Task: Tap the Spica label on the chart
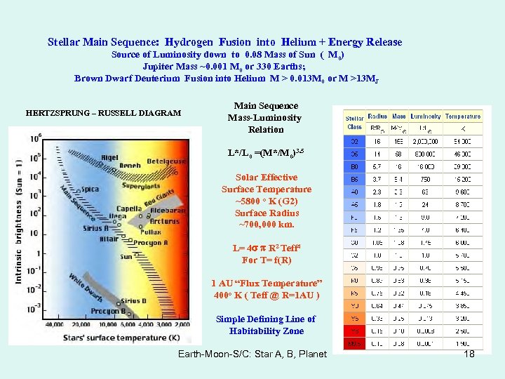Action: tap(90, 189)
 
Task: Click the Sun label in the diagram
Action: tap(126, 256)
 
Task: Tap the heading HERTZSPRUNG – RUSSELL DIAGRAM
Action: tap(103, 112)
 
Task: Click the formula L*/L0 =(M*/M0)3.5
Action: tap(267, 153)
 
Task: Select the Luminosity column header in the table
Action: tap(425, 116)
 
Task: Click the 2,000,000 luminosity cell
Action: tap(426, 142)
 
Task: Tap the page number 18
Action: tap(469, 354)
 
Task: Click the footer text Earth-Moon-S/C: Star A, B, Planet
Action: tap(252, 354)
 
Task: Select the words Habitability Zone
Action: tap(267, 331)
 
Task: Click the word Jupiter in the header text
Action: tap(159, 66)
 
